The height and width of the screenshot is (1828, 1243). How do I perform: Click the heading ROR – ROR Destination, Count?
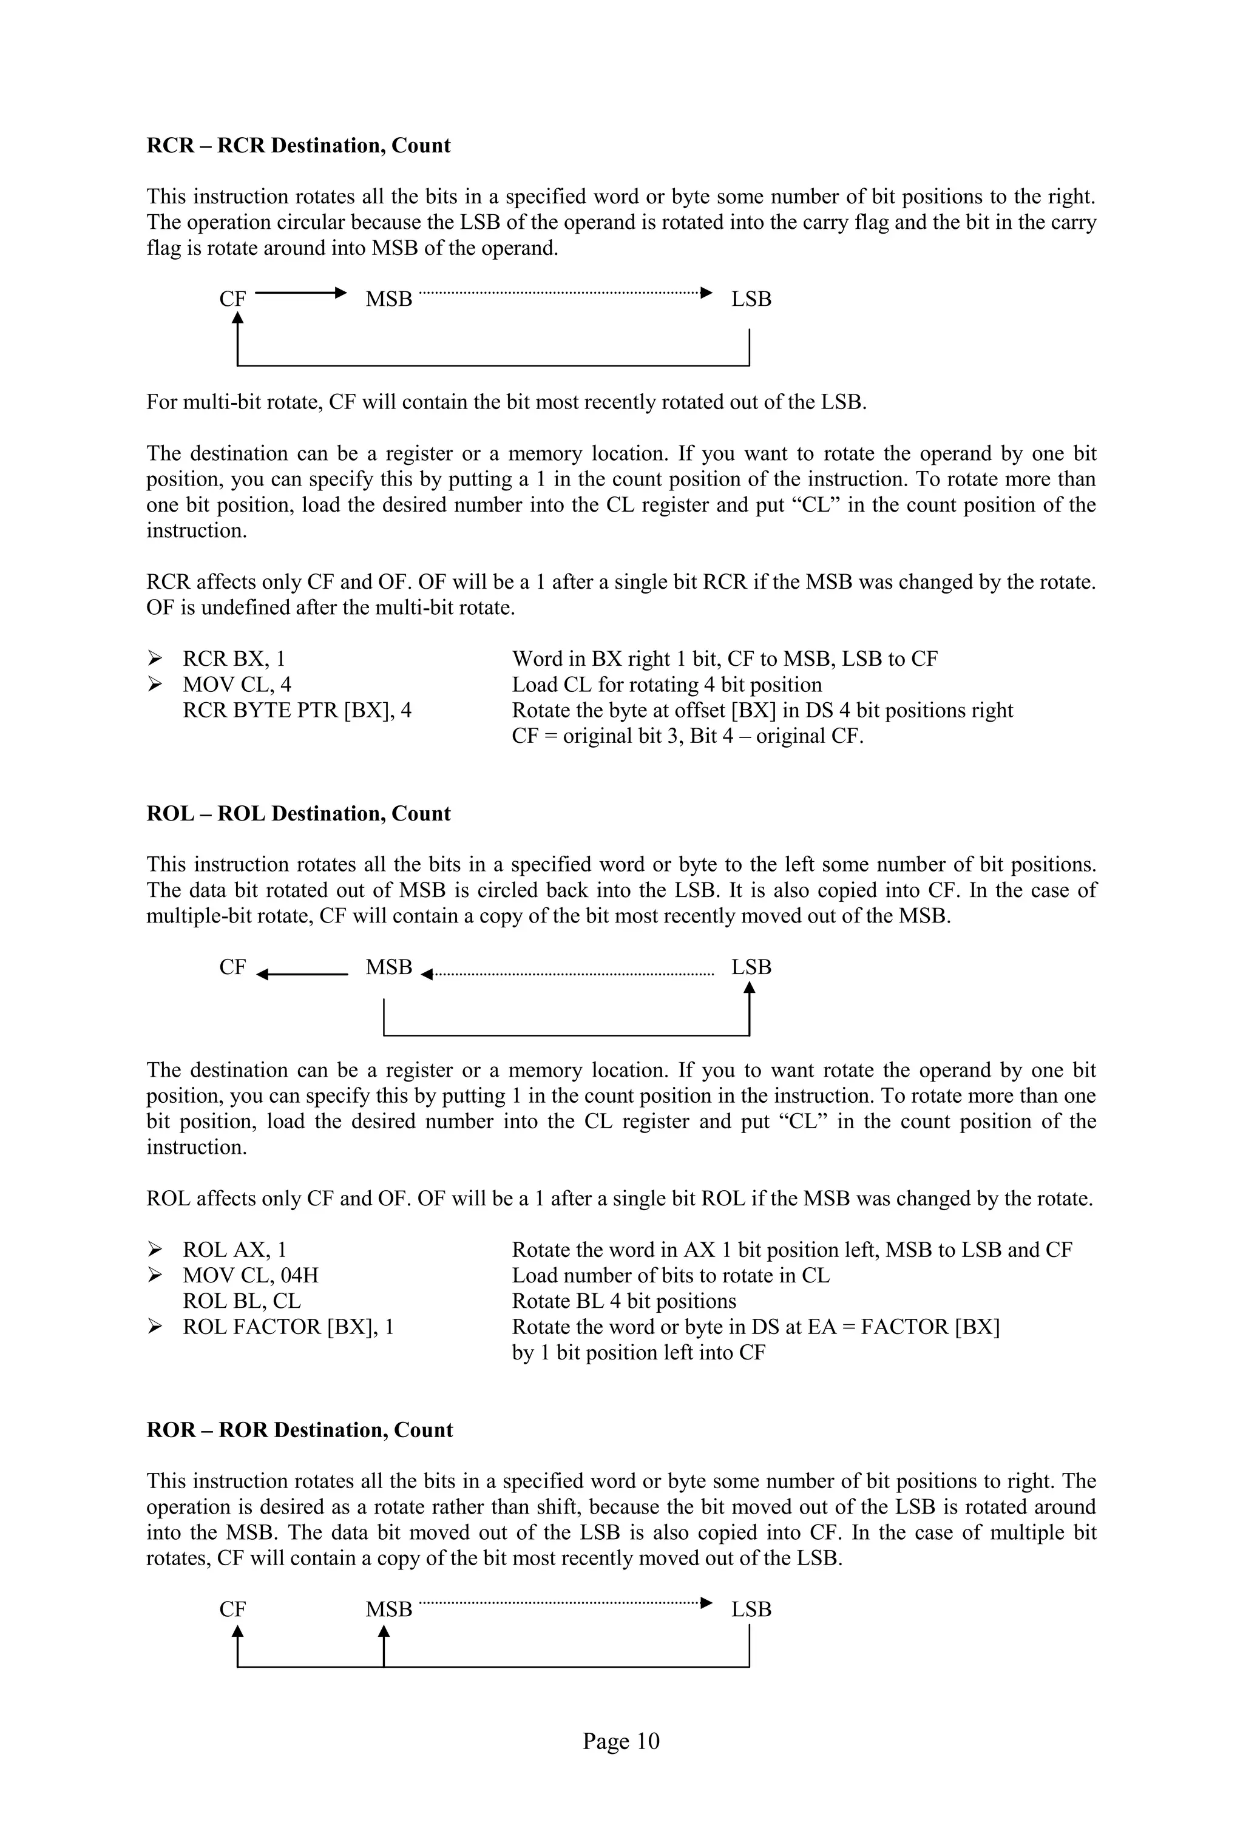click(x=299, y=1430)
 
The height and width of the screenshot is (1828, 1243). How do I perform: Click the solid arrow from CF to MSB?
click(x=300, y=293)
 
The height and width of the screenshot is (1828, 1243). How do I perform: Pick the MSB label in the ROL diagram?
click(x=388, y=967)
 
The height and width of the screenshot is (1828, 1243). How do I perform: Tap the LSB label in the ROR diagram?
click(x=751, y=1610)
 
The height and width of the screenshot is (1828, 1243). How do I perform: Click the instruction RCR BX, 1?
click(x=234, y=659)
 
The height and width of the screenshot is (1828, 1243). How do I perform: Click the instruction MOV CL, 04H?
click(x=250, y=1276)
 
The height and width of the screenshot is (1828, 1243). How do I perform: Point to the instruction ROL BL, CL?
click(x=242, y=1301)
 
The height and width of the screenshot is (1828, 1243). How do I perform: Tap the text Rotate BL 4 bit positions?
click(x=624, y=1301)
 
